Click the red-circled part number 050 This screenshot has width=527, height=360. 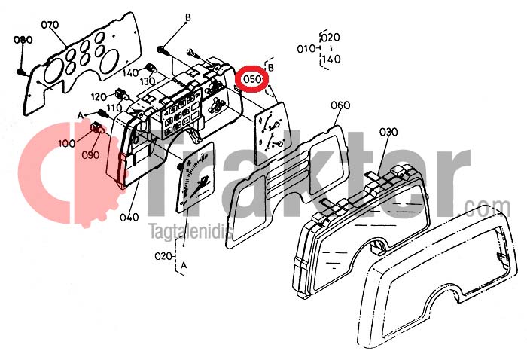coord(251,79)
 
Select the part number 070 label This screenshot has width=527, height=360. coord(50,25)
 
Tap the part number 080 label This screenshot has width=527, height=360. coord(23,40)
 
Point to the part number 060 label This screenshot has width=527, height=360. coord(340,105)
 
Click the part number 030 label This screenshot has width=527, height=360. coord(388,132)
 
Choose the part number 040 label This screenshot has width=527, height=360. coord(129,217)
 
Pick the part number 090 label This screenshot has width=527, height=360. coord(91,154)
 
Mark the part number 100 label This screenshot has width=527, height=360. coord(66,144)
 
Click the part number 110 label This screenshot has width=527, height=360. coord(114,108)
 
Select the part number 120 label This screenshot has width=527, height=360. coord(99,97)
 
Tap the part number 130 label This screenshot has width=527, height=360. coord(147,81)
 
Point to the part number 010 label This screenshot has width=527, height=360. coord(306,49)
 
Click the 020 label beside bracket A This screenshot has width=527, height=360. coord(163,256)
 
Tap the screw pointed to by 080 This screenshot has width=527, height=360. coord(20,72)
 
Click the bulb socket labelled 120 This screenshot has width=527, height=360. coord(120,94)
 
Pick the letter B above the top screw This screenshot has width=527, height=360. coord(188,17)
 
